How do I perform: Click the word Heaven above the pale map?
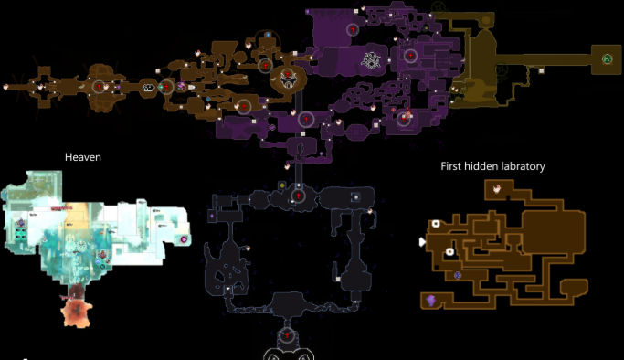point(83,157)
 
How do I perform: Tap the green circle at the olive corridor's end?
point(607,59)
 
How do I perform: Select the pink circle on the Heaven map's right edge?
point(184,239)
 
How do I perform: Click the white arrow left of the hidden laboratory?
point(422,242)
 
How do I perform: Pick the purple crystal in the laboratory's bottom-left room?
point(430,300)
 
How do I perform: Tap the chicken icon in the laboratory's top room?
point(497,189)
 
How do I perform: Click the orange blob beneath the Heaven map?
point(78,312)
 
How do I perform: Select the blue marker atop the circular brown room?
point(268,35)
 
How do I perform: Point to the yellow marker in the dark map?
point(282,185)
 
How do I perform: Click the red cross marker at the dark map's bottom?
point(287,335)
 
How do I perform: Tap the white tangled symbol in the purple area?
point(371,61)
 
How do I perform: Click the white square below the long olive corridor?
point(541,70)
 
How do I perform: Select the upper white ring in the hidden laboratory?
point(436,224)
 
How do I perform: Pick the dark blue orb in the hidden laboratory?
point(458,275)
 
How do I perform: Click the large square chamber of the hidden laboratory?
point(553,233)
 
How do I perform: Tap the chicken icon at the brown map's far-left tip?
point(5,87)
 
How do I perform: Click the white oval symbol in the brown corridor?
point(148,88)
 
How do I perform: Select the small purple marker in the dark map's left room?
point(212,217)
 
